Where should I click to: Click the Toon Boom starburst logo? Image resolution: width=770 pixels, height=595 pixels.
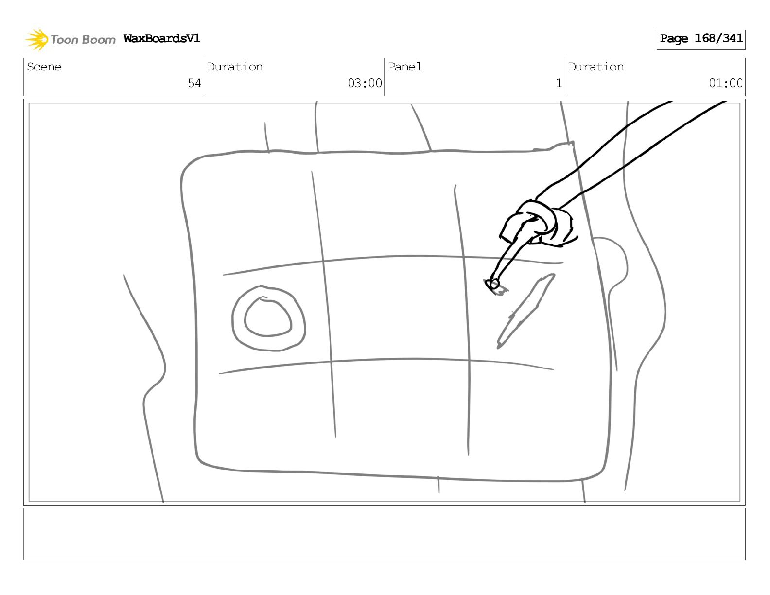coord(37,39)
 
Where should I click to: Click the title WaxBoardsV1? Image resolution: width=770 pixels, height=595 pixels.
coord(162,38)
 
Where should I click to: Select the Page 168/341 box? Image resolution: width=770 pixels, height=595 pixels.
coord(701,39)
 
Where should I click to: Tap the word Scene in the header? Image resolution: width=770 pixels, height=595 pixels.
coord(44,67)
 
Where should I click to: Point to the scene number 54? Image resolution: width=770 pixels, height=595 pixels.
coord(194,83)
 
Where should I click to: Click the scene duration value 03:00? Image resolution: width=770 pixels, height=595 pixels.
coord(365,83)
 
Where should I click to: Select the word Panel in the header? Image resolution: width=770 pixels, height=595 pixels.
coord(405,67)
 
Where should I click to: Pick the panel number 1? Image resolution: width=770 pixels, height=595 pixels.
coord(559,83)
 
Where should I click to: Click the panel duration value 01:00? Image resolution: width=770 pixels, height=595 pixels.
coord(725,83)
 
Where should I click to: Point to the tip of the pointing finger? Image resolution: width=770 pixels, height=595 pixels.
coord(493,283)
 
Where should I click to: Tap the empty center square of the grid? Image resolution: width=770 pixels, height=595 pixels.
coord(397,308)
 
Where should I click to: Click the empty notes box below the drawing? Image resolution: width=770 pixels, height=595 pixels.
coord(385,534)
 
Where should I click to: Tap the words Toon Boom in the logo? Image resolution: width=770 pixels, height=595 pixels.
coord(83,40)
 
